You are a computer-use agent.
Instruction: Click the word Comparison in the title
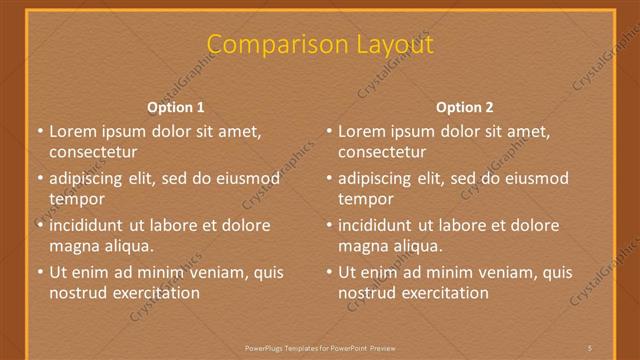267,45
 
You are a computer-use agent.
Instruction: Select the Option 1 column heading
176,107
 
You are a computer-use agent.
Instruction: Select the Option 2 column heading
465,107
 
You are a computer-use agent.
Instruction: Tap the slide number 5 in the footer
591,347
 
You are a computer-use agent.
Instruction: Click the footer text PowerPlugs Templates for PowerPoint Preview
320,347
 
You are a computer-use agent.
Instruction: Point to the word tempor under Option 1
77,199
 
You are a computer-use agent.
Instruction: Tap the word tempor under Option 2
366,199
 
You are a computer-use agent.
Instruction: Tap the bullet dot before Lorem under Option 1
39,131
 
